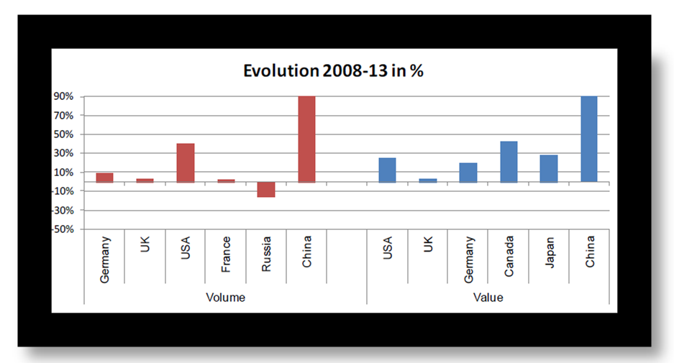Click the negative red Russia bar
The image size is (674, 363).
click(x=266, y=189)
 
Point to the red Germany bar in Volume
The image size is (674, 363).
click(x=105, y=178)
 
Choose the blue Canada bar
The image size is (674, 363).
click(x=509, y=162)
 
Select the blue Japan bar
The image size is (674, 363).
click(x=549, y=168)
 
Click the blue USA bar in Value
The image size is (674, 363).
click(x=387, y=170)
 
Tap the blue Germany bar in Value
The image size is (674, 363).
click(x=468, y=173)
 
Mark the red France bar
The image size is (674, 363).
click(x=226, y=180)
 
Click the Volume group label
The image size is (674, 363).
click(x=225, y=297)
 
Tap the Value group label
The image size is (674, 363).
click(x=488, y=297)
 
